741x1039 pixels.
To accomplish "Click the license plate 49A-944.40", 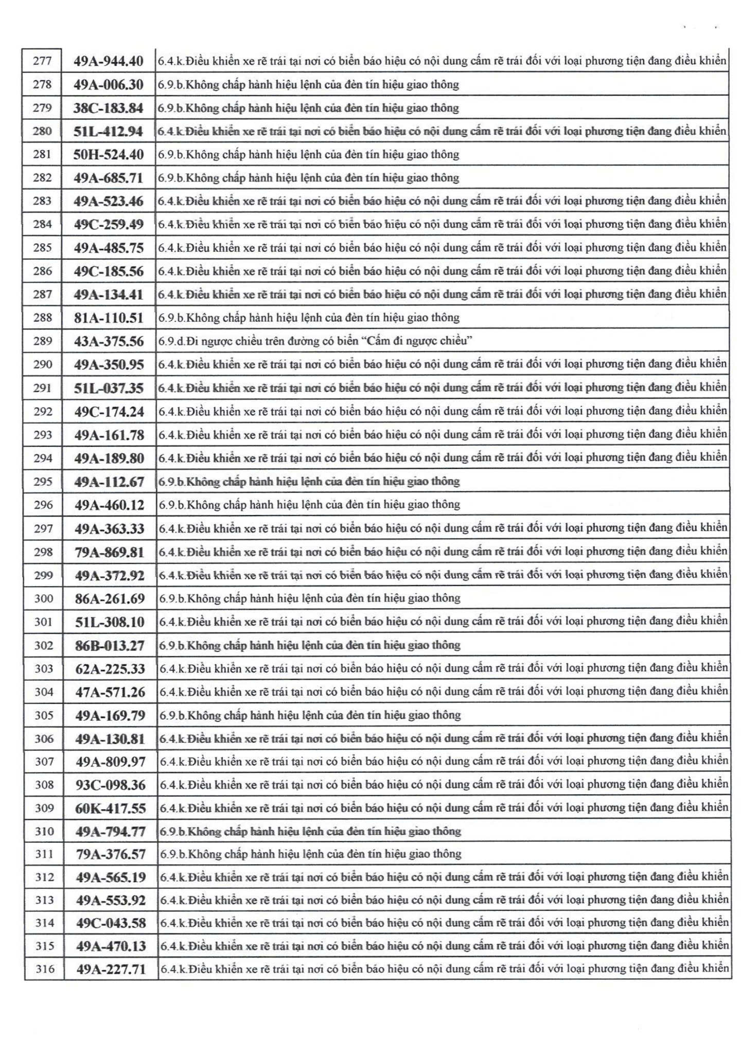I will pyautogui.click(x=108, y=61).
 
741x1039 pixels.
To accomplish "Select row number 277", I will pyautogui.click(x=42, y=61).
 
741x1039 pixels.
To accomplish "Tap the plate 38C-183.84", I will pyautogui.click(x=108, y=108).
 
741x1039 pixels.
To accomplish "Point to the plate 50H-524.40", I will pyautogui.click(x=108, y=155).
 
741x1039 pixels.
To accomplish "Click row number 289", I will pyautogui.click(x=42, y=341).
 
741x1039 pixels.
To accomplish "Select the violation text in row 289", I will pyautogui.click(x=315, y=341).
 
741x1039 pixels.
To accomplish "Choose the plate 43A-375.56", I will pyautogui.click(x=109, y=341).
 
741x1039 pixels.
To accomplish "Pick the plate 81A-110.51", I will pyautogui.click(x=109, y=318).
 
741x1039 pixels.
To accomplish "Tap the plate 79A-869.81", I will pyautogui.click(x=110, y=552).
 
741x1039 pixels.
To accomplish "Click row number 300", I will pyautogui.click(x=44, y=598).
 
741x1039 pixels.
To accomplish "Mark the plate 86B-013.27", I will pyautogui.click(x=110, y=645).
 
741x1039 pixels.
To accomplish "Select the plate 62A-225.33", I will pyautogui.click(x=110, y=669).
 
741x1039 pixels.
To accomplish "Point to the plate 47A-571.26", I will pyautogui.click(x=110, y=692).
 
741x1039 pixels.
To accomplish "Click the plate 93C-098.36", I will pyautogui.click(x=110, y=785).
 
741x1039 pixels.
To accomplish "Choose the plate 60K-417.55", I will pyautogui.click(x=111, y=808).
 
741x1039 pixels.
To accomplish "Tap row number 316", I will pyautogui.click(x=45, y=969).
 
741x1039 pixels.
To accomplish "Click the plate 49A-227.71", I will pyautogui.click(x=111, y=969).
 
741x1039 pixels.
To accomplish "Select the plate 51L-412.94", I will pyautogui.click(x=108, y=131).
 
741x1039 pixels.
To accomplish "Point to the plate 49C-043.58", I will pyautogui.click(x=111, y=923).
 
